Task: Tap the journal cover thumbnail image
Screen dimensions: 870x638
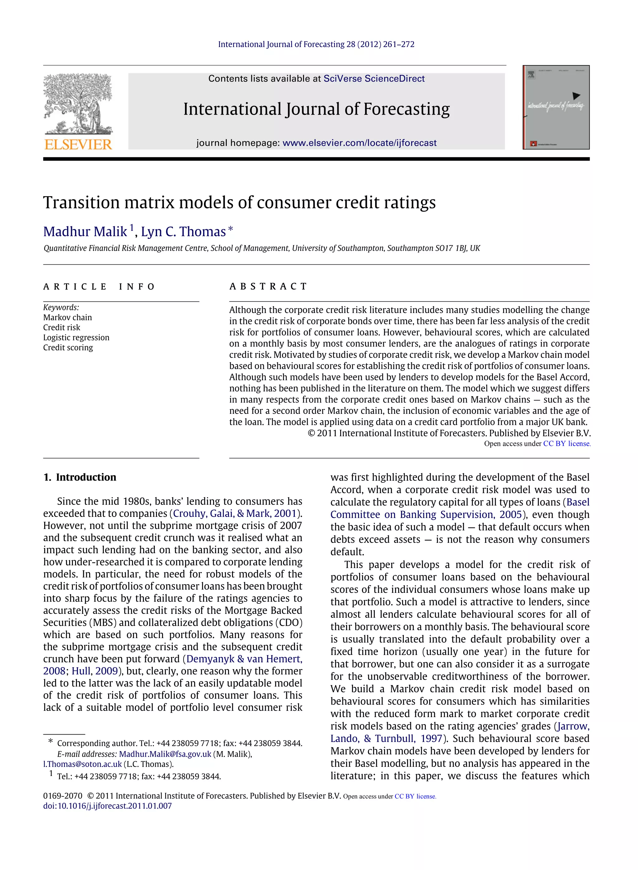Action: pos(556,107)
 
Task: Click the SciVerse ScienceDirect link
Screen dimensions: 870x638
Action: pos(374,79)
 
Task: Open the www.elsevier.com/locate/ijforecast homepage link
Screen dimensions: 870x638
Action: pos(359,143)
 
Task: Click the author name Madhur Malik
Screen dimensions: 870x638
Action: pos(85,232)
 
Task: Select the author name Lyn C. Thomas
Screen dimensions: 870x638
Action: pos(183,232)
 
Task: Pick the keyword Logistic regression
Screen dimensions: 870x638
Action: pos(76,337)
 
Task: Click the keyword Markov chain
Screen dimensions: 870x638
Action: pos(68,317)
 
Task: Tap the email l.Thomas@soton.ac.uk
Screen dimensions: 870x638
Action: pos(82,764)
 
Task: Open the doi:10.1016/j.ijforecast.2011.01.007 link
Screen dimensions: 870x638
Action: pos(107,806)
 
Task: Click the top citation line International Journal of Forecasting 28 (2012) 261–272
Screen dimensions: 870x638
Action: pos(316,45)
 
